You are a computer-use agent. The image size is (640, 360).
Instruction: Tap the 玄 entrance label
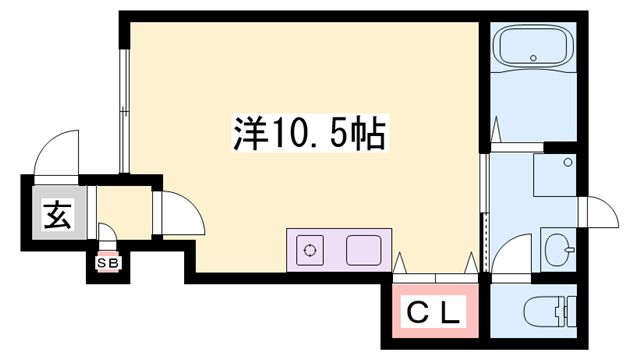[56, 214]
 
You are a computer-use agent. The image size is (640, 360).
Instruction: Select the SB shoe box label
[105, 263]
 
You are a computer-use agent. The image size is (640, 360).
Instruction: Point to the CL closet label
[433, 314]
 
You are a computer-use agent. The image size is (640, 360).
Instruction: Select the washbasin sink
[559, 245]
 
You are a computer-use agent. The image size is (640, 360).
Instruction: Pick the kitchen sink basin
[364, 250]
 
